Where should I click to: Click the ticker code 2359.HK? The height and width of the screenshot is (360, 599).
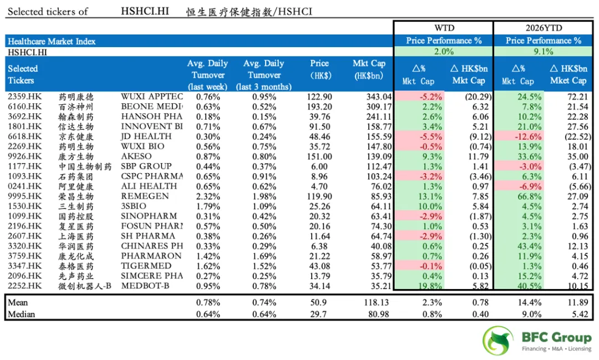25,97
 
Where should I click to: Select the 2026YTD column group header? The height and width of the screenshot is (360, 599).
544,28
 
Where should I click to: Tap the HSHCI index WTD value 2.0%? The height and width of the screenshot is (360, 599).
444,52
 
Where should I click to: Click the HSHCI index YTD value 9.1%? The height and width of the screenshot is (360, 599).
544,52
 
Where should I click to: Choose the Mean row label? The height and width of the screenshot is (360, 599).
18,303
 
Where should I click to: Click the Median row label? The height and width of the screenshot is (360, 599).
21,315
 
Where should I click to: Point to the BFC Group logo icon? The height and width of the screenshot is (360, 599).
498,341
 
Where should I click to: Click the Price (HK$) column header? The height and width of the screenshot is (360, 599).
319,69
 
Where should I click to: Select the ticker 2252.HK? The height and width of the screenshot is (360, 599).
25,286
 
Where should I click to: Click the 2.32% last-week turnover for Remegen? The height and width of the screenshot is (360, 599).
208,196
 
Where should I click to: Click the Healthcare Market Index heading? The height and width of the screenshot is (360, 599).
52,41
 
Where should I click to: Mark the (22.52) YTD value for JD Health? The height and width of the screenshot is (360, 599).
570,136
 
